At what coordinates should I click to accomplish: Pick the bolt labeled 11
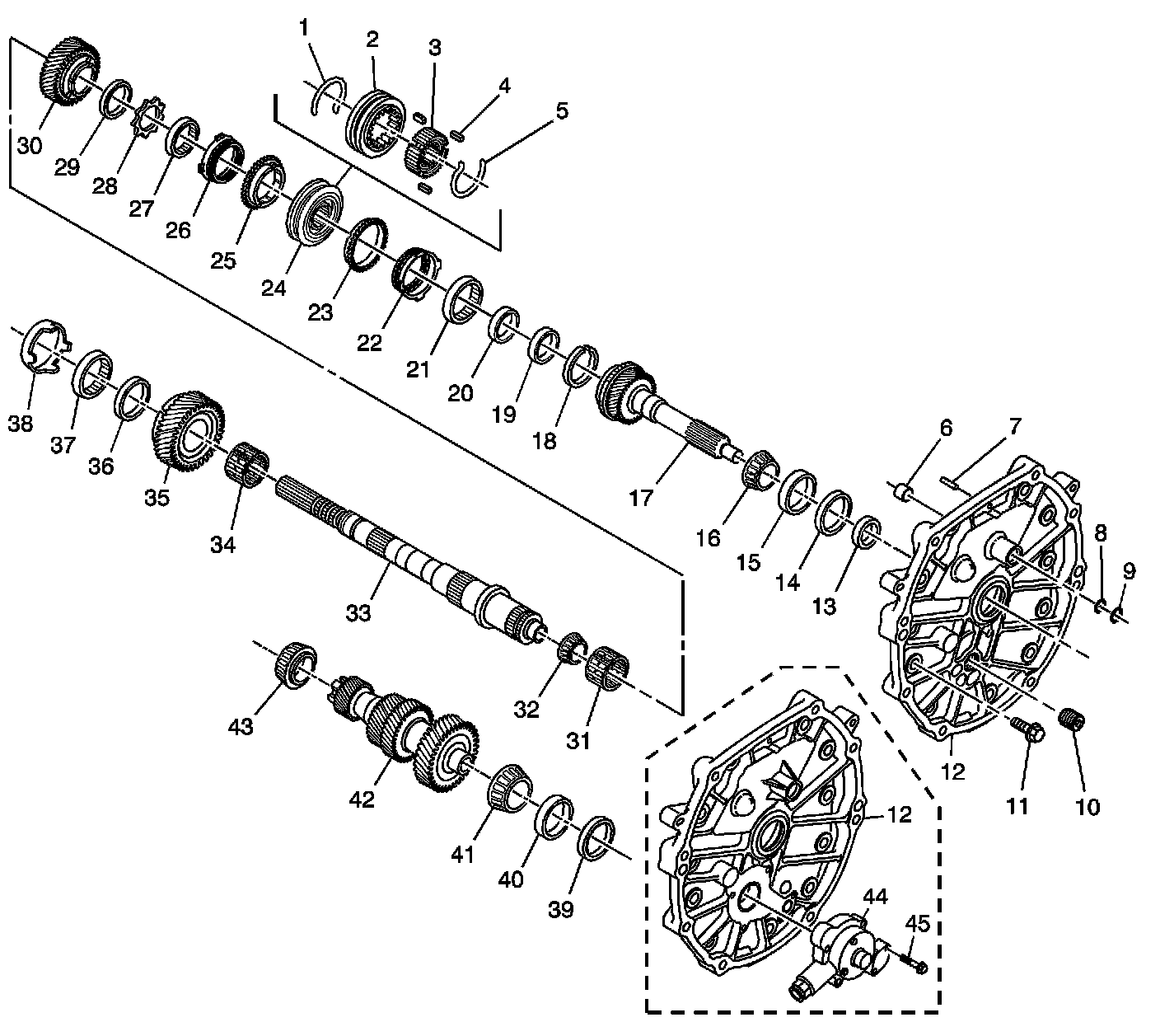coord(1027,729)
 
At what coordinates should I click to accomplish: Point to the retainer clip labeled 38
coord(43,349)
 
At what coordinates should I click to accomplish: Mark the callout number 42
coord(362,799)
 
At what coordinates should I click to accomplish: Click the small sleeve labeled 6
coord(906,494)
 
